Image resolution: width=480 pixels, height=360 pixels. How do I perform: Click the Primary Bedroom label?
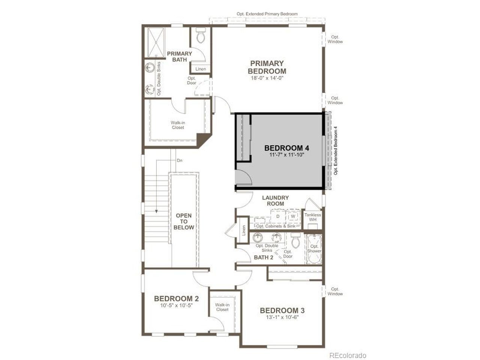pyautogui.click(x=267, y=67)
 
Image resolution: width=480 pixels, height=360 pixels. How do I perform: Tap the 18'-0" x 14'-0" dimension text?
pyautogui.click(x=267, y=78)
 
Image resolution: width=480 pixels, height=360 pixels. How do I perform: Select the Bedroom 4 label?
pyautogui.click(x=287, y=148)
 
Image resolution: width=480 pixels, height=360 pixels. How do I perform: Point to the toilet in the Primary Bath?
pyautogui.click(x=200, y=35)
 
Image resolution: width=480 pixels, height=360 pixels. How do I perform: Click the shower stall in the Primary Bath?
pyautogui.click(x=156, y=42)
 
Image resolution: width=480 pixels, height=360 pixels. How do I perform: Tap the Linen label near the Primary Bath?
pyautogui.click(x=201, y=69)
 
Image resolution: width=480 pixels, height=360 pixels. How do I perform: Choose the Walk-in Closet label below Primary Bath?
pyautogui.click(x=178, y=125)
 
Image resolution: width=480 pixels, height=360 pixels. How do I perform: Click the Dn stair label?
pyautogui.click(x=180, y=160)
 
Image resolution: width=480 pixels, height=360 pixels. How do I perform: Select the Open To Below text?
pyautogui.click(x=184, y=221)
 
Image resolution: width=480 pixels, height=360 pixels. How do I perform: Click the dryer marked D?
pyautogui.click(x=278, y=216)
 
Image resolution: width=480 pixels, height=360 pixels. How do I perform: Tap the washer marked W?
pyautogui.click(x=293, y=216)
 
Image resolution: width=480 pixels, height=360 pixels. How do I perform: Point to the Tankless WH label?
pyautogui.click(x=313, y=217)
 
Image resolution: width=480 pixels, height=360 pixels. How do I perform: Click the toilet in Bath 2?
pyautogui.click(x=296, y=240)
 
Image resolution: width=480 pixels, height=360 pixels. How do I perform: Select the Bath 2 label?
pyautogui.click(x=264, y=258)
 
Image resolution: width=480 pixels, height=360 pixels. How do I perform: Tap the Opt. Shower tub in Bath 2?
pyautogui.click(x=314, y=249)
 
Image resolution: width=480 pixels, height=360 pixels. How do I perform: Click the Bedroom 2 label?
pyautogui.click(x=176, y=298)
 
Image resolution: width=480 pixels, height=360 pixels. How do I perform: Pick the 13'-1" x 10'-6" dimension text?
pyautogui.click(x=282, y=317)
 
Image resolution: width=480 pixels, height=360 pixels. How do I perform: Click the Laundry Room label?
pyautogui.click(x=276, y=201)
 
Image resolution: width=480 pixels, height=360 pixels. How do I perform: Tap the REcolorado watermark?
pyautogui.click(x=348, y=355)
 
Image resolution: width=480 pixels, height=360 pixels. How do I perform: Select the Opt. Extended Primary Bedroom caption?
pyautogui.click(x=267, y=14)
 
